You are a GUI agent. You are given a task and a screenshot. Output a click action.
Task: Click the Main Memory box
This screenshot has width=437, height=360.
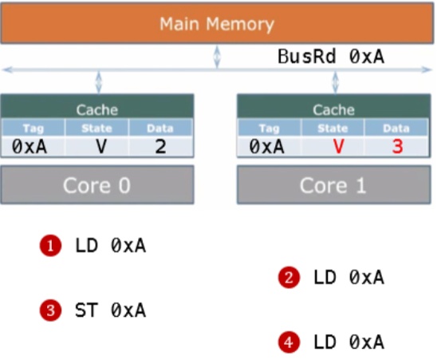[x=217, y=22]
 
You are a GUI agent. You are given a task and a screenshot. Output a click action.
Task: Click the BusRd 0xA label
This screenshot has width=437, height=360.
[x=331, y=57]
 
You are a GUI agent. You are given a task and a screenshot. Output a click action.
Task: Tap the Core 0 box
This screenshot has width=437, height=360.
[x=96, y=185]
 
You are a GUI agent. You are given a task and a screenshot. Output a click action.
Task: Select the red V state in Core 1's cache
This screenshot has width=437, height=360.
[x=337, y=147]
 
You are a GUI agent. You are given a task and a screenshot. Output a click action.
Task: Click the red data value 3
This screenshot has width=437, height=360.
[x=397, y=147]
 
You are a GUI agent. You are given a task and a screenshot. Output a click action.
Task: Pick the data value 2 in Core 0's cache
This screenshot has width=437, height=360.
[x=161, y=147]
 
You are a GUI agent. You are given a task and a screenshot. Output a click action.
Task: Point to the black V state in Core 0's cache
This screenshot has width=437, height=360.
[x=101, y=147]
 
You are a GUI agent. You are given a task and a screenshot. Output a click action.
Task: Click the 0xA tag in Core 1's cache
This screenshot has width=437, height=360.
[x=268, y=147]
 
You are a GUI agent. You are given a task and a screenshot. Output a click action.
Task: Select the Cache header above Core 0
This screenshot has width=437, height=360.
[x=96, y=109]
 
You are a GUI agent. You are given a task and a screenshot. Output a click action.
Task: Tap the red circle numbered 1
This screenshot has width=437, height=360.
[x=52, y=247]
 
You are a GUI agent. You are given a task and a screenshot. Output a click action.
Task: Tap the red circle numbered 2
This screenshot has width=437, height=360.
[x=289, y=278]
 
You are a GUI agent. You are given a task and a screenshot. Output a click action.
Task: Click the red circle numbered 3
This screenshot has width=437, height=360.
[x=52, y=310]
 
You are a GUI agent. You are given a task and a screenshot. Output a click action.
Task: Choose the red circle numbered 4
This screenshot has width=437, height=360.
[x=289, y=342]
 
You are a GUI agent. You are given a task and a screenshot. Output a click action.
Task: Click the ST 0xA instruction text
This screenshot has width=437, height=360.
[x=110, y=310]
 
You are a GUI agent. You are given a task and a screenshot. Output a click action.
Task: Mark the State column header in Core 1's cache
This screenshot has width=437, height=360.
[x=333, y=128]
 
